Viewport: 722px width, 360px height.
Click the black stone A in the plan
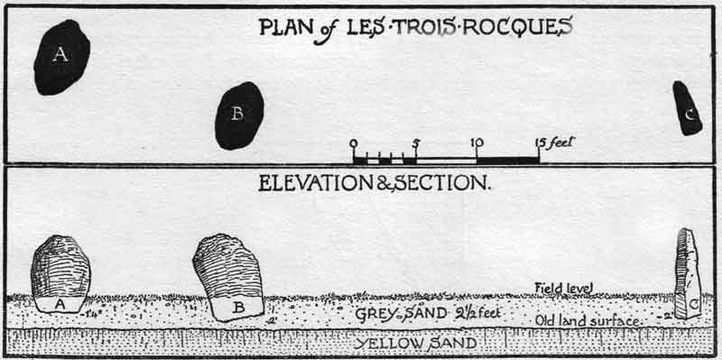point(61,57)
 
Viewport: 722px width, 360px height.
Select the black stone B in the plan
point(239,115)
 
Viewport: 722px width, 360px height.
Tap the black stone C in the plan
point(688,108)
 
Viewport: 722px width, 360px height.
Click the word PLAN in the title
point(283,26)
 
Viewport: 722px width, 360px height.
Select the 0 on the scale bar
point(353,143)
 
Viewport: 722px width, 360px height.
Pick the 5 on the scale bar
point(415,143)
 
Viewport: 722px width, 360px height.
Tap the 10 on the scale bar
point(477,143)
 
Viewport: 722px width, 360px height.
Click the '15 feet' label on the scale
point(555,143)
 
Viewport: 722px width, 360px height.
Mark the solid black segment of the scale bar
point(507,161)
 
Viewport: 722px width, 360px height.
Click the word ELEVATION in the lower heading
point(316,183)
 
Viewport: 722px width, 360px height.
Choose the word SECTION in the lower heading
point(442,183)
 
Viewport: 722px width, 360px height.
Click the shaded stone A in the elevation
point(60,268)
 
